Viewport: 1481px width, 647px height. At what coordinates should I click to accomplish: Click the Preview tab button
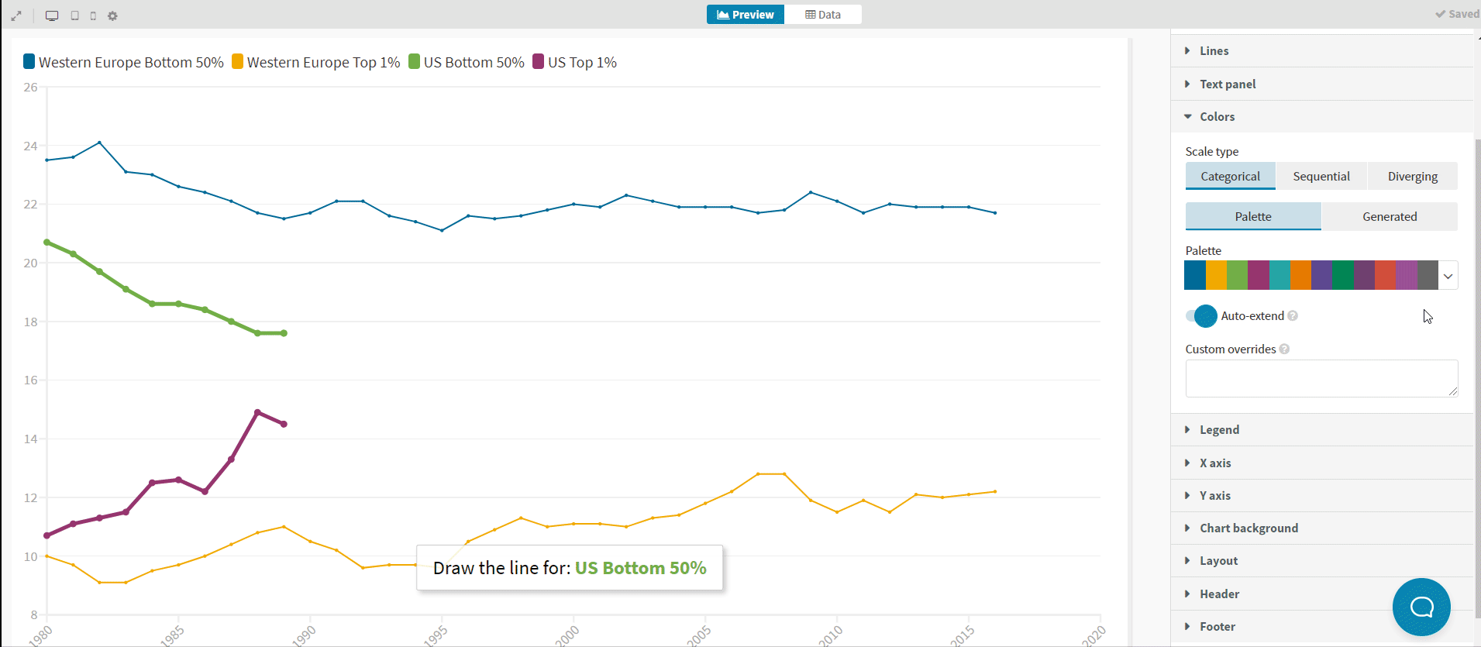[x=745, y=15]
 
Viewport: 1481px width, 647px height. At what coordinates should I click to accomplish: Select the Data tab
[x=822, y=15]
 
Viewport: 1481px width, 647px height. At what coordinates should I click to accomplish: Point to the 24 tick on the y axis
[x=30, y=146]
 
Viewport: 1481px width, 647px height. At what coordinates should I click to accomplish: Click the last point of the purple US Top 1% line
[x=284, y=424]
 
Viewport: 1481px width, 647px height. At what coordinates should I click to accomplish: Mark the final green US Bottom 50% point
[x=284, y=333]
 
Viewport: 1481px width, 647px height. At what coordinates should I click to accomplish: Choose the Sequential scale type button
[x=1321, y=177]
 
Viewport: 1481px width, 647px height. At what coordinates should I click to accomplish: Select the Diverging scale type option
[x=1412, y=177]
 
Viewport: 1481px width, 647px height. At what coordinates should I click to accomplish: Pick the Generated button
[x=1389, y=217]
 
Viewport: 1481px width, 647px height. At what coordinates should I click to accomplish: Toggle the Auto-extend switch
[x=1201, y=316]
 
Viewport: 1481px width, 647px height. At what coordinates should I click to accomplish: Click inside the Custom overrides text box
[x=1321, y=378]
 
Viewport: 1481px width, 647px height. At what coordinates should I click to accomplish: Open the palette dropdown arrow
[x=1448, y=276]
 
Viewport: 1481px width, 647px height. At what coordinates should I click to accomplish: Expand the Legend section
[x=1219, y=430]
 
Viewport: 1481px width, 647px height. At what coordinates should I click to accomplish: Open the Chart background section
[x=1249, y=528]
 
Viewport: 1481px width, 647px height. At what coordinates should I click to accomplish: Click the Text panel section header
[x=1228, y=84]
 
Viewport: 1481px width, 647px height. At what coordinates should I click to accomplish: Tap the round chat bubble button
[x=1421, y=607]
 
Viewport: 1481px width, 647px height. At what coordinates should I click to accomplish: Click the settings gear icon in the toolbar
[x=112, y=15]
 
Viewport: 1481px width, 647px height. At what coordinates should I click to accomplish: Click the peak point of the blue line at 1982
[x=100, y=143]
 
